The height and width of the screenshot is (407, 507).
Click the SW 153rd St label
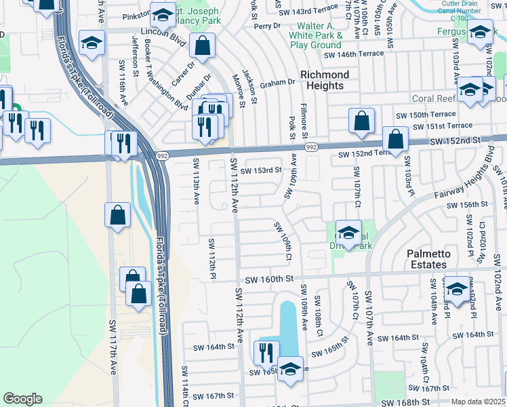260,170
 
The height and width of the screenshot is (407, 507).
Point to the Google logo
22,399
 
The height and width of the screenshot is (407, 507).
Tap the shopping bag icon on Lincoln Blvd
202,46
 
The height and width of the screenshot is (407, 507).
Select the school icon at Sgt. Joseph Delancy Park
163,14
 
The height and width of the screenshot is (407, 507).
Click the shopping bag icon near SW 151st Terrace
362,121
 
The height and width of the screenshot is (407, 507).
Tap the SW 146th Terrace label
354,54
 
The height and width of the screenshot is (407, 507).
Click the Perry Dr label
262,26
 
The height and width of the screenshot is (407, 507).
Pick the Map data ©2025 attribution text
479,402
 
